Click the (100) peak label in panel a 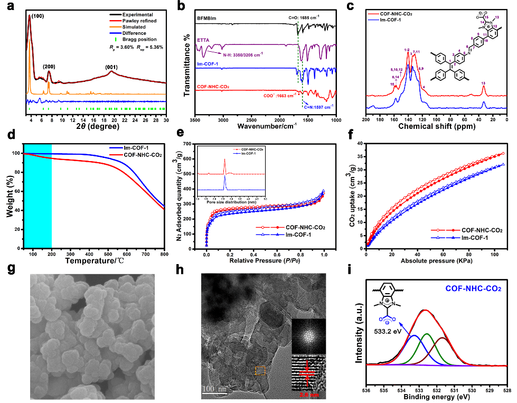tap(37, 16)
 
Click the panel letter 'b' tap(181, 7)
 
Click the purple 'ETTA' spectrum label tap(203, 40)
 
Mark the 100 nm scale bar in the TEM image tap(215, 389)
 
